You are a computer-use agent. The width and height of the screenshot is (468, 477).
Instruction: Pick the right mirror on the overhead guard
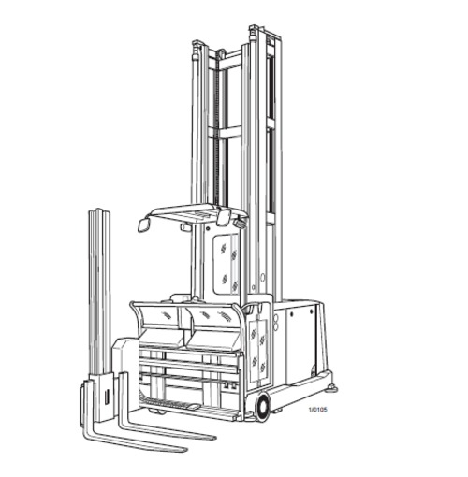coord(226,218)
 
